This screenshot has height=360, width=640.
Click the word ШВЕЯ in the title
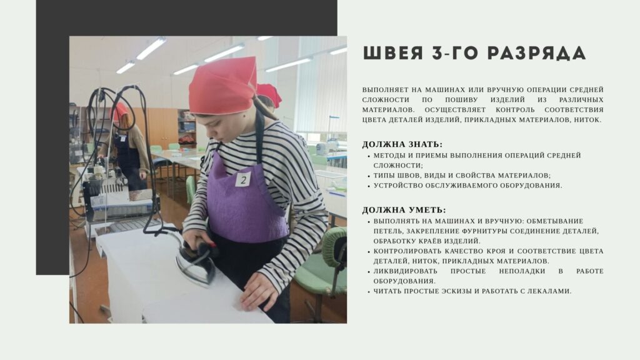392,53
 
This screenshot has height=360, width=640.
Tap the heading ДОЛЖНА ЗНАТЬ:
402,144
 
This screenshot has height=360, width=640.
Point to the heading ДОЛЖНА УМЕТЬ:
404,210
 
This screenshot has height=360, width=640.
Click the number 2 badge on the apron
243,179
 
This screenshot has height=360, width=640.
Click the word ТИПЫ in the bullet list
382,176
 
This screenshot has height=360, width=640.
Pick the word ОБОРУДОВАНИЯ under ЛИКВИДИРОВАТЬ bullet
404,281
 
